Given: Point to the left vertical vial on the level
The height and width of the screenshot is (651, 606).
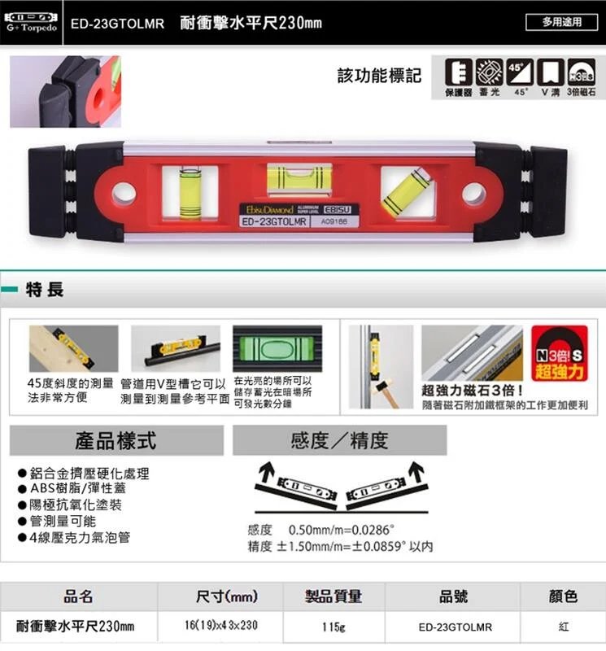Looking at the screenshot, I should click(x=191, y=195).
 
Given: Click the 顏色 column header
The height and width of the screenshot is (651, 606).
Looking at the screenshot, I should click(x=563, y=597).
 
